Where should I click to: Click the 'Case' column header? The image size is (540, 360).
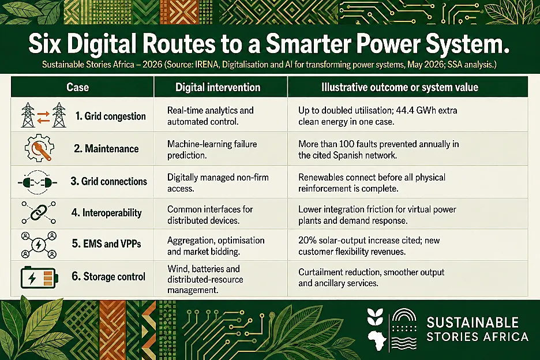click(x=77, y=87)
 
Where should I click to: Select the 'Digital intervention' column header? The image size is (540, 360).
click(x=217, y=87)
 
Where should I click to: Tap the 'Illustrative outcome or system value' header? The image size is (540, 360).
click(x=399, y=87)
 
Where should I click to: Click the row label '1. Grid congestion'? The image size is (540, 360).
click(x=111, y=116)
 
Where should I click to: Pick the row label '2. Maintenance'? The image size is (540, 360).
click(x=106, y=148)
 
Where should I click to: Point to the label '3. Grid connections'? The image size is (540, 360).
click(x=109, y=181)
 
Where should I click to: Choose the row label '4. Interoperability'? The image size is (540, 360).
click(x=106, y=212)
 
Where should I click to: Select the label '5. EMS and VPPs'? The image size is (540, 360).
click(x=106, y=244)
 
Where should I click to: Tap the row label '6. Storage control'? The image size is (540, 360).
click(x=108, y=276)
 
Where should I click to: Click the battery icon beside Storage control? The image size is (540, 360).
click(x=39, y=277)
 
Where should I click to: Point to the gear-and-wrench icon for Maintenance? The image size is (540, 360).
click(x=39, y=148)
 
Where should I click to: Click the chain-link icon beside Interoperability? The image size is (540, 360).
click(x=39, y=212)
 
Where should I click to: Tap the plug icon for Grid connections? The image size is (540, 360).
click(x=37, y=182)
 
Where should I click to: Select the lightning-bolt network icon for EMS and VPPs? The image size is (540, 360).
click(x=39, y=245)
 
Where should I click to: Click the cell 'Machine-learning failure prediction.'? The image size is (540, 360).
click(x=212, y=149)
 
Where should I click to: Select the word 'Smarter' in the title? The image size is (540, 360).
click(x=308, y=44)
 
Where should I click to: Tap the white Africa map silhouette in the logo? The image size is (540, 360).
click(x=376, y=339)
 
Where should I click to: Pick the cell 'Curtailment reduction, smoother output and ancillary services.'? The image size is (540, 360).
click(x=372, y=277)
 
